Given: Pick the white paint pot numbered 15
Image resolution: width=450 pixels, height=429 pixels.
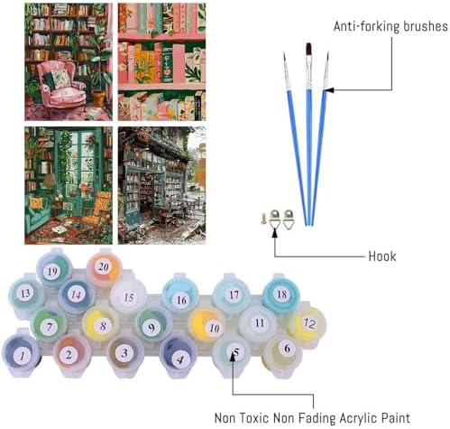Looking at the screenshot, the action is [128, 296].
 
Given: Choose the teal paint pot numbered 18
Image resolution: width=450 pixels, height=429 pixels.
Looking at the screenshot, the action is [280, 293].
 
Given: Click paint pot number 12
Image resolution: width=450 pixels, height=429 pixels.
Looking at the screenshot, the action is [307, 324].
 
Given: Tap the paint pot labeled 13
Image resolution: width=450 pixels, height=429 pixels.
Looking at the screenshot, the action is [26, 294].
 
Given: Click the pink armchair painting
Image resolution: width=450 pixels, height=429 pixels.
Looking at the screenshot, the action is [69, 62].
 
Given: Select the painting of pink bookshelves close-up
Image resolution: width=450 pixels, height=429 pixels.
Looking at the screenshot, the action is [161, 62].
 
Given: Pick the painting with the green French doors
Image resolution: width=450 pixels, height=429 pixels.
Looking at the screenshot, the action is [69, 185].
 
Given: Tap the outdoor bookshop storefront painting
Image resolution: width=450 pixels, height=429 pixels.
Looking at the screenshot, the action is [161, 185].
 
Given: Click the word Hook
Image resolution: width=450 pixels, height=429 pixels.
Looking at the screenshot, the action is [382, 256].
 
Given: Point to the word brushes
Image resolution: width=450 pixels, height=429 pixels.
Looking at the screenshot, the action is [425, 26].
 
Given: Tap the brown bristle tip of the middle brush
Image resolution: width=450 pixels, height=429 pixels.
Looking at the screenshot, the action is [308, 50].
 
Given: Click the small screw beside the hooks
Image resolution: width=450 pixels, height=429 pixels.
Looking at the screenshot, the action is [263, 219].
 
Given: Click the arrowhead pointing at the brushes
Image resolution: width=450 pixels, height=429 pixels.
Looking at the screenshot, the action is [328, 89].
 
